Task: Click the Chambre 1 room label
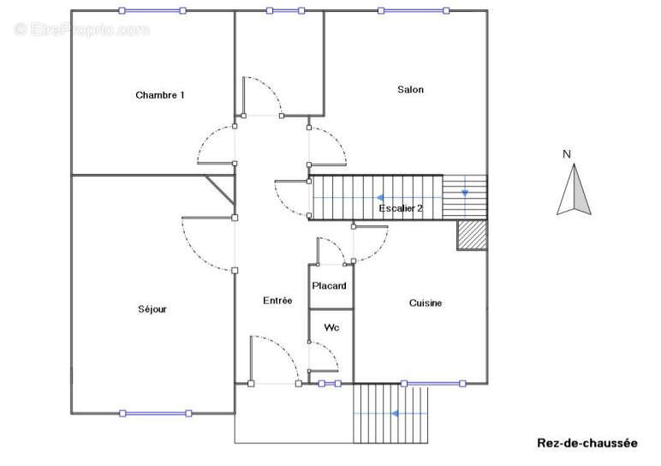[160, 95]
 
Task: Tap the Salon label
[410, 89]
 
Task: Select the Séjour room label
[152, 309]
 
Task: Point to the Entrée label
[277, 301]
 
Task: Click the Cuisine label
[426, 302]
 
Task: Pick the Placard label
[329, 285]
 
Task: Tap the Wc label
[331, 327]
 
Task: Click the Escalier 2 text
[401, 208]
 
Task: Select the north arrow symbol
[574, 190]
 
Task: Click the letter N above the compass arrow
[567, 154]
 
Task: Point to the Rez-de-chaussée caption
[587, 443]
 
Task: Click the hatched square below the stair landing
[472, 235]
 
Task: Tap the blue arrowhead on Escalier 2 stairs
[380, 197]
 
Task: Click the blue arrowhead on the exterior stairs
[395, 413]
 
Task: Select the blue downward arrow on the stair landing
[465, 193]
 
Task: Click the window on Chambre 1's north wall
[152, 10]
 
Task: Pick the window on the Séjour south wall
[156, 413]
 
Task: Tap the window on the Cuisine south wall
[433, 384]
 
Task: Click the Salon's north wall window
[414, 10]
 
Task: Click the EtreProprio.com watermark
[82, 29]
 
